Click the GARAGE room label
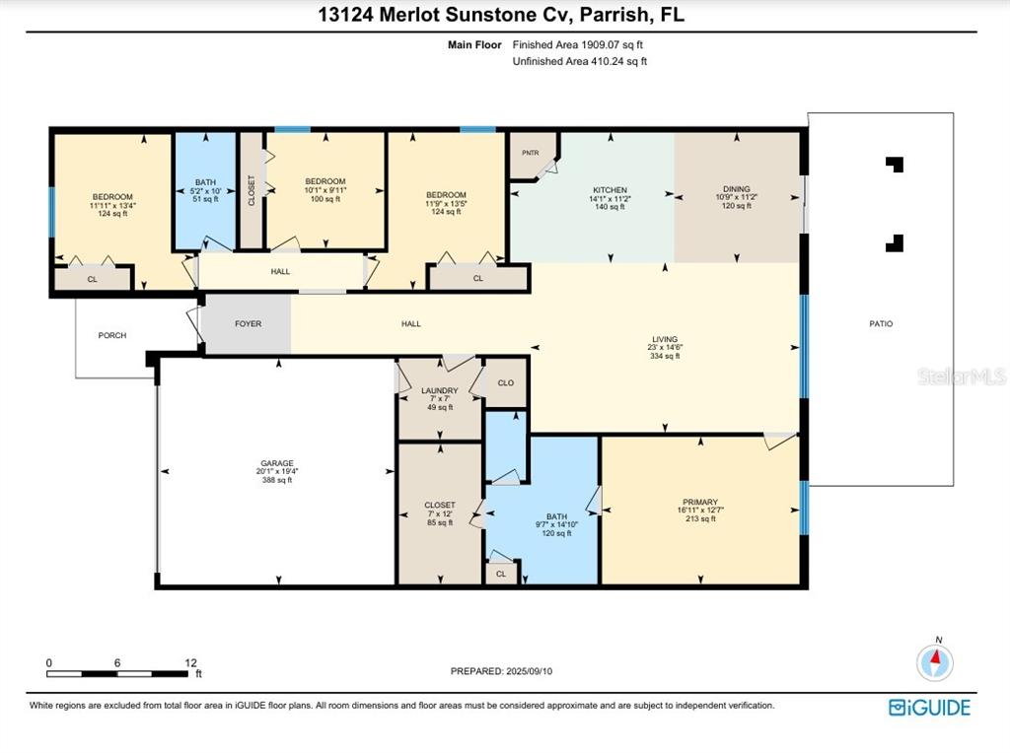[x=277, y=463]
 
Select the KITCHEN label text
[x=610, y=190]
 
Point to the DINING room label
[x=736, y=189]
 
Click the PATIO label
[x=880, y=323]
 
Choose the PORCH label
[x=111, y=335]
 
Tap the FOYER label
[x=248, y=323]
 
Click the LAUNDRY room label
[x=439, y=390]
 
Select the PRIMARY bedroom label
[x=699, y=502]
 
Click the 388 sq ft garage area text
[x=277, y=480]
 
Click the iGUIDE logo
[x=929, y=708]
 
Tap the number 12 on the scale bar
[x=190, y=663]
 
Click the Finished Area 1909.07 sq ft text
[x=578, y=44]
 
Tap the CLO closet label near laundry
[x=506, y=382]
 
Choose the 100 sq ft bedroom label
[x=325, y=199]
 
